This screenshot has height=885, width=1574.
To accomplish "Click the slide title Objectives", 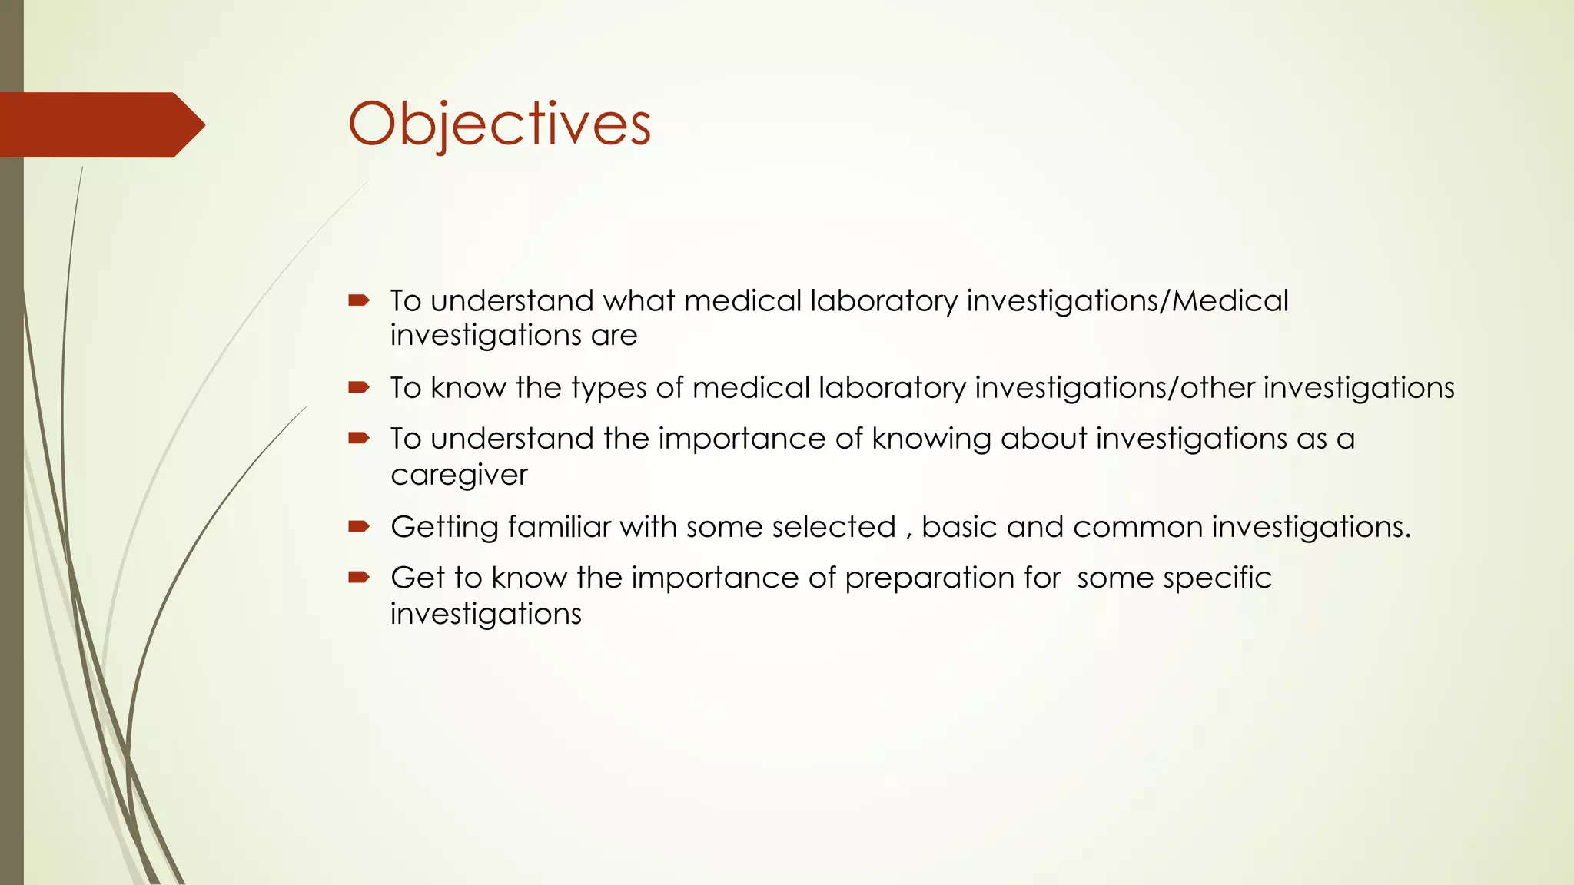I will (x=499, y=124).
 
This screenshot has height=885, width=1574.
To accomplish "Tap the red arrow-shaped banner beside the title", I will (x=100, y=124).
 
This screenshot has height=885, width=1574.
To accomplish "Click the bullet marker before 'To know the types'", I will (x=359, y=387).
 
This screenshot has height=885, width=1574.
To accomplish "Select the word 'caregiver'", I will (x=459, y=475).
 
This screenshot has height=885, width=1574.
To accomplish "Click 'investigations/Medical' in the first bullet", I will (x=1127, y=300).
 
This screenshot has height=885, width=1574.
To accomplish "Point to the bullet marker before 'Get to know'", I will (x=359, y=577).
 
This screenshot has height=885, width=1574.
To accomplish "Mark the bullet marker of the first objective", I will (x=359, y=300).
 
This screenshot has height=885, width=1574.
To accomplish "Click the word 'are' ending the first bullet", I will (x=614, y=336).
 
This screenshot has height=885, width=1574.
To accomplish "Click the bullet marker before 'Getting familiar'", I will (x=359, y=526).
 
